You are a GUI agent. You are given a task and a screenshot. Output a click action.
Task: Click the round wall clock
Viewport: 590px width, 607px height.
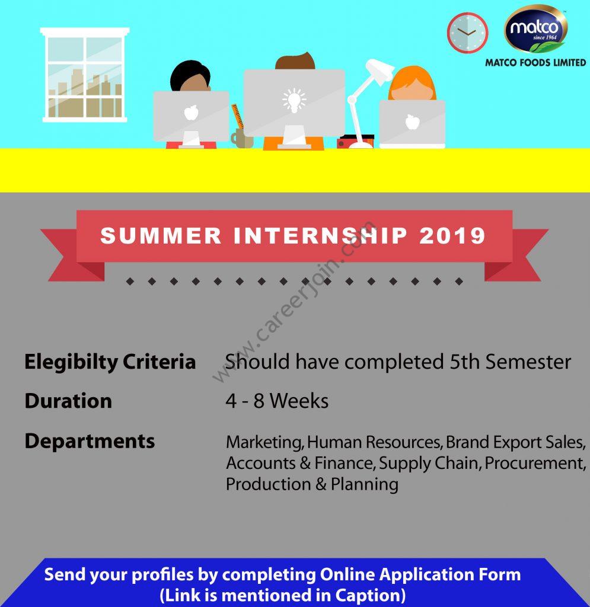pyautogui.click(x=467, y=33)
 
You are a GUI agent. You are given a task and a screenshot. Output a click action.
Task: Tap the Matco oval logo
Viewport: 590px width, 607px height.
pyautogui.click(x=536, y=28)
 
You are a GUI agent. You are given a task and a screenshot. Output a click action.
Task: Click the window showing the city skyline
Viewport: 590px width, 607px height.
pyautogui.click(x=85, y=75)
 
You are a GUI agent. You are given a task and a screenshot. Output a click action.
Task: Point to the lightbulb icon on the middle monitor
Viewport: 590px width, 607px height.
pyautogui.click(x=294, y=100)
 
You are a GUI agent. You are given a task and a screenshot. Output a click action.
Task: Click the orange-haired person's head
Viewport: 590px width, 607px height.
pyautogui.click(x=412, y=83)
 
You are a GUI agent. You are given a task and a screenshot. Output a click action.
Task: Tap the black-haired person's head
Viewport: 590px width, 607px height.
pyautogui.click(x=190, y=76)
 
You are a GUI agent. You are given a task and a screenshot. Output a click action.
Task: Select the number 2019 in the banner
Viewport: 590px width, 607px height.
pyautogui.click(x=452, y=236)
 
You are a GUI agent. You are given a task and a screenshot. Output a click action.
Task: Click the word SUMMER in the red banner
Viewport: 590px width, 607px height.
pyautogui.click(x=161, y=236)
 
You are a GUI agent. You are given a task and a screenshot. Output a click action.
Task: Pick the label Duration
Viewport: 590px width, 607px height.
pyautogui.click(x=68, y=401)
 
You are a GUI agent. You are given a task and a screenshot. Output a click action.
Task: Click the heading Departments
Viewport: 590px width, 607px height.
pyautogui.click(x=90, y=441)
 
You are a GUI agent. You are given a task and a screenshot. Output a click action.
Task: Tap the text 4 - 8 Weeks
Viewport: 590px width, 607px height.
pyautogui.click(x=277, y=401)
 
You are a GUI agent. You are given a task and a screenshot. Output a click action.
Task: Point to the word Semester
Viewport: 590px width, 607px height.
pyautogui.click(x=528, y=362)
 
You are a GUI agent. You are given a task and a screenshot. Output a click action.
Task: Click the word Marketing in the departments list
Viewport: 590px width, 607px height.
pyautogui.click(x=265, y=443)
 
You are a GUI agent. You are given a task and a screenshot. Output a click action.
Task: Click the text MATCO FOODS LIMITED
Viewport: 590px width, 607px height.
pyautogui.click(x=536, y=62)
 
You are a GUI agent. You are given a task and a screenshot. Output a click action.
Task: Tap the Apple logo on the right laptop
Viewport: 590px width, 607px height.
pyautogui.click(x=412, y=122)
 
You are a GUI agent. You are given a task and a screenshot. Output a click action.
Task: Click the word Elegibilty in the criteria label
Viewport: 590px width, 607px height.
pyautogui.click(x=71, y=363)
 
